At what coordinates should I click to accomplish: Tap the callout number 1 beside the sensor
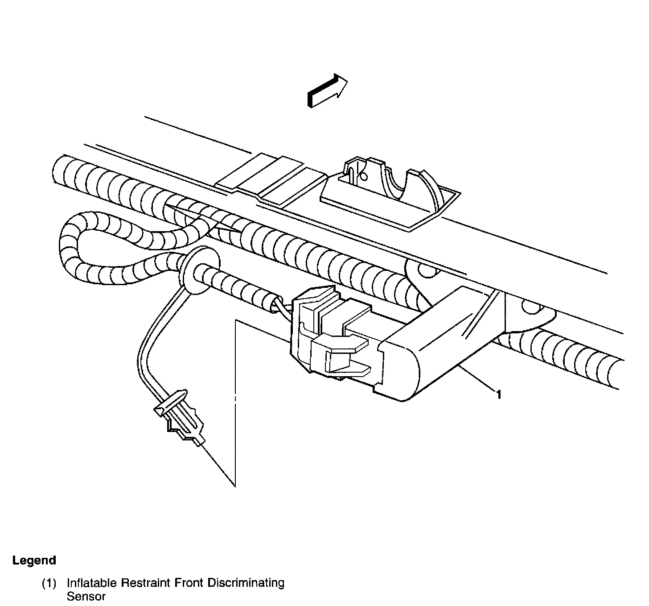[499, 394]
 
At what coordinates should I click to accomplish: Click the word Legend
[34, 560]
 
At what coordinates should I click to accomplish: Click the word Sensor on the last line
[86, 597]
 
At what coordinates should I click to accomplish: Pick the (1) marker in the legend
[49, 583]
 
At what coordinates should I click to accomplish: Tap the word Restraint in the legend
[144, 583]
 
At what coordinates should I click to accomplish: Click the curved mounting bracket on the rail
[392, 187]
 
